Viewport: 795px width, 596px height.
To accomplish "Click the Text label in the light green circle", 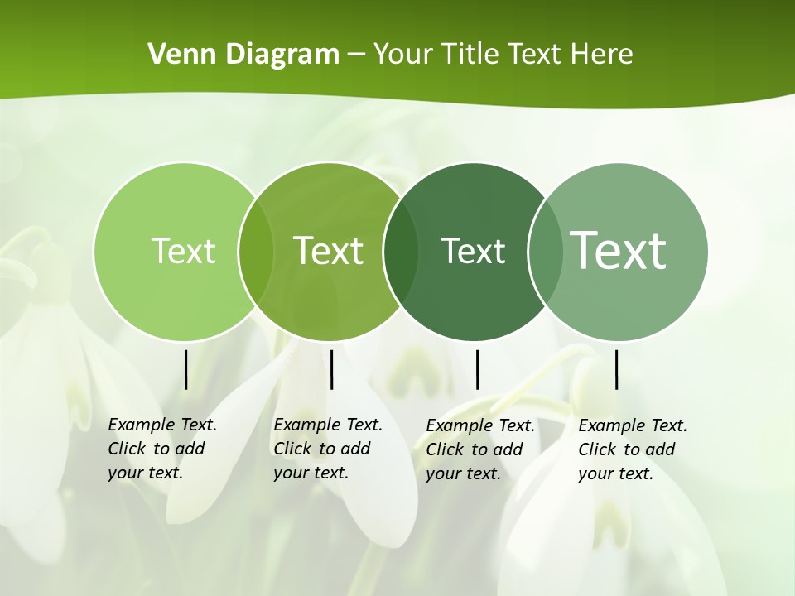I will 183,251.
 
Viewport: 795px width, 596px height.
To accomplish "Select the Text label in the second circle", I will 329,251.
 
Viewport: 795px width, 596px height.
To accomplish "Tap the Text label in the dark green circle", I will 474,251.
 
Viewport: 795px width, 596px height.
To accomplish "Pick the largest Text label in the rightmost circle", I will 619,250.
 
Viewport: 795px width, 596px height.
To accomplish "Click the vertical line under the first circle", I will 186,369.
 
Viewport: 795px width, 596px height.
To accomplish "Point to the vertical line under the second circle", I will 331,369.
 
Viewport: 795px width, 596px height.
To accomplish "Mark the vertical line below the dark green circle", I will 477,369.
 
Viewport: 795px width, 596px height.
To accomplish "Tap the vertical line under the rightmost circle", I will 616,369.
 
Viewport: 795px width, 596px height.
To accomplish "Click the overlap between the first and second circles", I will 256,251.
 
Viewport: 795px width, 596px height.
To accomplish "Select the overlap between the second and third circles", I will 402,251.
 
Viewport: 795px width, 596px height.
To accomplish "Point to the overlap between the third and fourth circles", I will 545,251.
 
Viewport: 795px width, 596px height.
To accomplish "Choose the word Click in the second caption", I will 292,449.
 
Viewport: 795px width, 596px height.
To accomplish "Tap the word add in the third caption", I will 508,449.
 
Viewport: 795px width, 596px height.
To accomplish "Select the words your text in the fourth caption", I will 615,473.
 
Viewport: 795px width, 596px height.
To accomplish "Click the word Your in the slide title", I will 403,54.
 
